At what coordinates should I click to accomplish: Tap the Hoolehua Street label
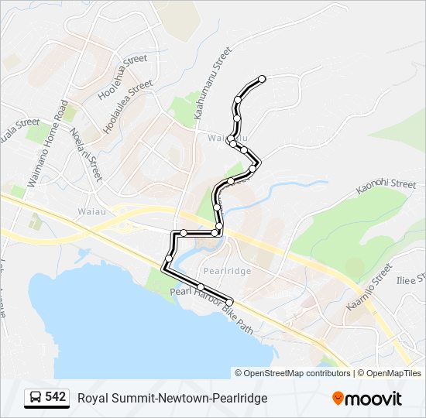point(122,78)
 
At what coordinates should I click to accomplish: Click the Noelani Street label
point(85,153)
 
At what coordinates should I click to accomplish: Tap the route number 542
point(55,397)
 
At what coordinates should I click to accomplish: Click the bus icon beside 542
point(35,398)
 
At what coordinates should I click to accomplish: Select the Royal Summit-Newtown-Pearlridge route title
point(172,398)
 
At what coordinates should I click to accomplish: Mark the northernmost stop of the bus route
point(262,79)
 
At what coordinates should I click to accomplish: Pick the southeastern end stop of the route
point(229,301)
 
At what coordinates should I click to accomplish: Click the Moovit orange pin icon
point(338,399)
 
